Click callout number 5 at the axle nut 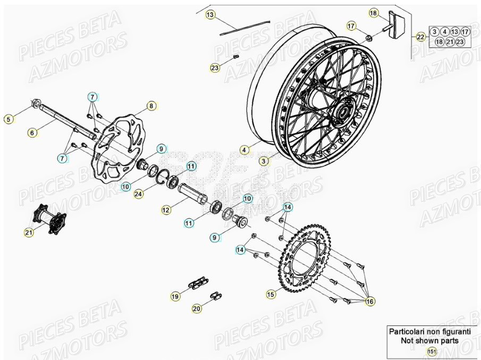[x=8, y=119]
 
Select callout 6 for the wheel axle [x=33, y=133]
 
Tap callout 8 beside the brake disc [x=151, y=106]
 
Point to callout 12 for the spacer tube [x=166, y=210]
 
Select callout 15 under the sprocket [x=271, y=293]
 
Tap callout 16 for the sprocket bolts [x=370, y=301]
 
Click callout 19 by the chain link [x=175, y=296]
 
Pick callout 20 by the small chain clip [x=197, y=308]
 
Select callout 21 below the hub [x=28, y=232]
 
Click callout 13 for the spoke [x=210, y=15]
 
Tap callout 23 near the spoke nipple [x=214, y=68]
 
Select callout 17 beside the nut [x=351, y=25]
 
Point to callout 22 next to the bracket [x=420, y=37]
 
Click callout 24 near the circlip [x=138, y=194]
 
